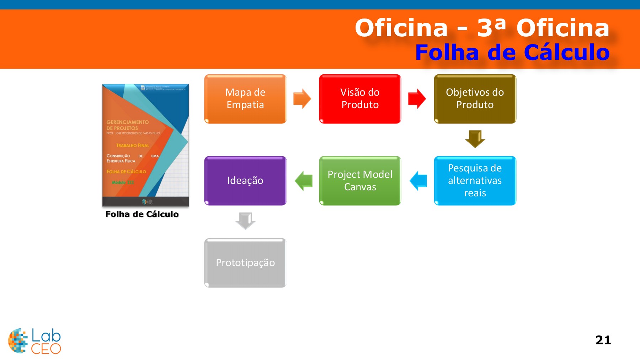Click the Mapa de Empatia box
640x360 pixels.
point(245,99)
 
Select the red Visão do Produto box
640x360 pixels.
point(360,99)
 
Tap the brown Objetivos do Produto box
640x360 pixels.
point(475,99)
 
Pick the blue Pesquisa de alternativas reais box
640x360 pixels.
point(475,180)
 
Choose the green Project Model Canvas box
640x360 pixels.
point(360,180)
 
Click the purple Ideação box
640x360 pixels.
point(245,180)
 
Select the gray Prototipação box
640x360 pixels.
point(245,263)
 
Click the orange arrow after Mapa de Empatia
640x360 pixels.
point(302,99)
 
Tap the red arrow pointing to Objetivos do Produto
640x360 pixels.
point(417,99)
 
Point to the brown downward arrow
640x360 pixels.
point(475,139)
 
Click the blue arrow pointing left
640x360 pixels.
point(418,181)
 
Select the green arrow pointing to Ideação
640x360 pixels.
point(304,181)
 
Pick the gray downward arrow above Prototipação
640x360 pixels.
point(245,221)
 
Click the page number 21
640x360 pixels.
point(603,340)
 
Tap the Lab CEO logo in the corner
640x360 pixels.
point(34,341)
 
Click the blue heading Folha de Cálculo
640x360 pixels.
point(512,52)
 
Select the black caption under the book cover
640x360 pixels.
point(142,214)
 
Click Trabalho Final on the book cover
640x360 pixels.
point(133,145)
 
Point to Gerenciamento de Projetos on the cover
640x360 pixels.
point(127,125)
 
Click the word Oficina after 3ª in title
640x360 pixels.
point(563,28)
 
